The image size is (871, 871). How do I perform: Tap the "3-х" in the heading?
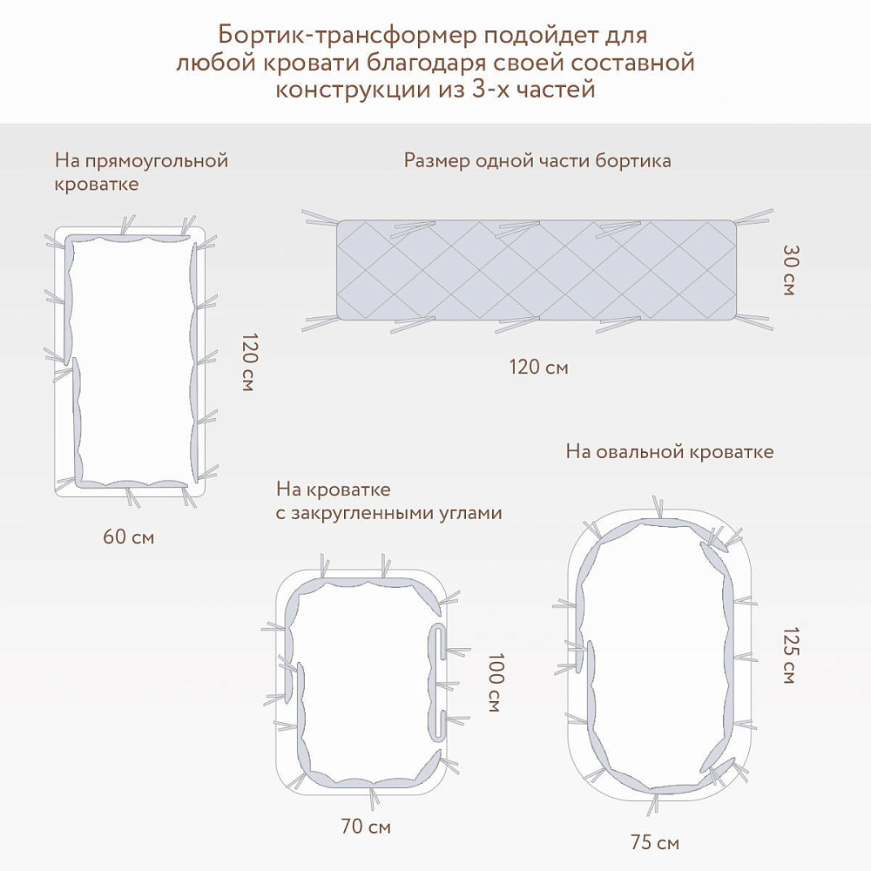pyautogui.click(x=490, y=89)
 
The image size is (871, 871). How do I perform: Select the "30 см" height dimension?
pyautogui.click(x=789, y=269)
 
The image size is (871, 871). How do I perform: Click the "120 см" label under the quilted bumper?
pyautogui.click(x=538, y=368)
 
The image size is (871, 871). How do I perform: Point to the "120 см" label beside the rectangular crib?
pyautogui.click(x=249, y=362)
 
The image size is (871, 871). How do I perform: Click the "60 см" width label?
pyautogui.click(x=128, y=537)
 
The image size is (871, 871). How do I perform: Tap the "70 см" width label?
pyautogui.click(x=366, y=827)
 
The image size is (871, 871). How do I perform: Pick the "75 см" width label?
pyautogui.click(x=654, y=842)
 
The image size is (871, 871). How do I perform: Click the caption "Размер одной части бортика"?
pyautogui.click(x=537, y=160)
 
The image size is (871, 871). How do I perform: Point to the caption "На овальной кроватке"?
pyautogui.click(x=669, y=451)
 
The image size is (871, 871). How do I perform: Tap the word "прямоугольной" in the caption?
pyautogui.click(x=157, y=161)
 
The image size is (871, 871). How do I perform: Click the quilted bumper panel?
pyautogui.click(x=537, y=270)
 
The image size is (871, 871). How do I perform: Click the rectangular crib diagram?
pyautogui.click(x=130, y=361)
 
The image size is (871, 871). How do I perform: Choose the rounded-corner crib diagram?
pyautogui.click(x=366, y=683)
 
